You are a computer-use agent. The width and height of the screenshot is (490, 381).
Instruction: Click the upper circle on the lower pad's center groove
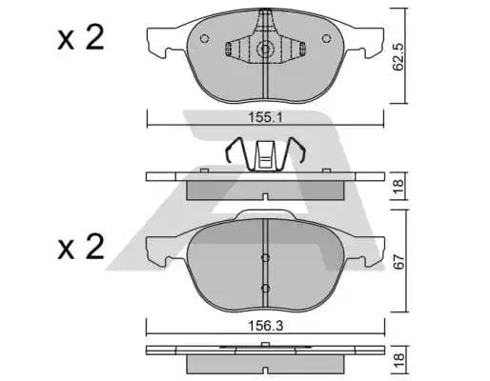tap(265, 255)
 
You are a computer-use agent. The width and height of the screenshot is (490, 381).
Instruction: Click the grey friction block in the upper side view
tap(264, 190)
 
